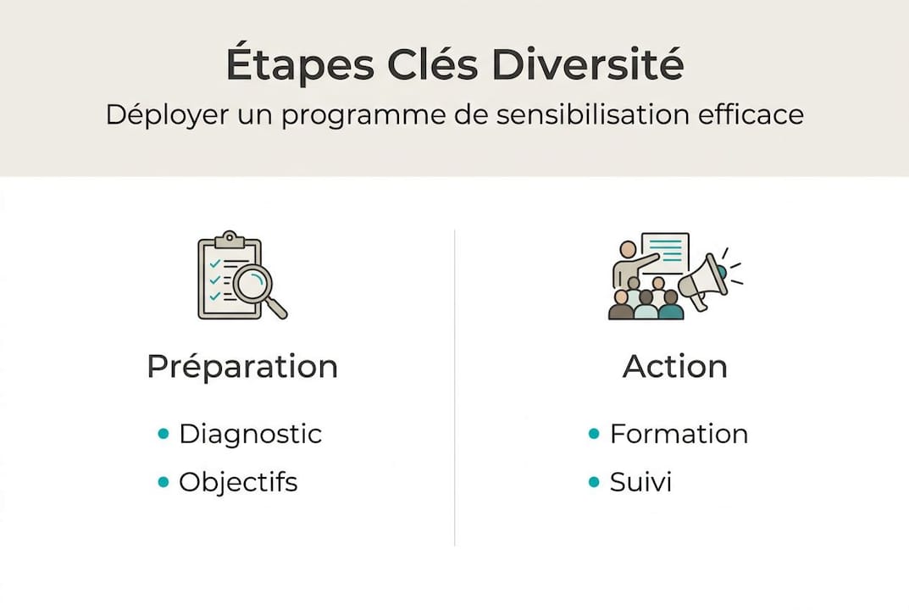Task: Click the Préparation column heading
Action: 242,367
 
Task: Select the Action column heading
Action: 675,367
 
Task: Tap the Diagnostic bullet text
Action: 250,434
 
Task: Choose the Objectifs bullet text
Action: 238,483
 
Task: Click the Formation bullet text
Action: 679,434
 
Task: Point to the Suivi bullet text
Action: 640,483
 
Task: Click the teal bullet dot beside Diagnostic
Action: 164,435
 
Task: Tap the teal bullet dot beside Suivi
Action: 595,483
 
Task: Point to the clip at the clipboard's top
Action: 229,240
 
